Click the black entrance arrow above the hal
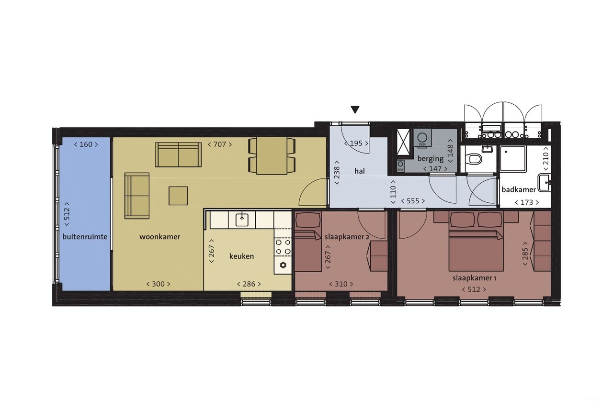pos(355,110)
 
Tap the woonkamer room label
pos(160,237)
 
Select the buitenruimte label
pos(85,237)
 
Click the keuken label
pos(241,256)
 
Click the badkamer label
pos(519,189)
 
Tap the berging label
pos(430,159)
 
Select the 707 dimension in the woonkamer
pos(219,144)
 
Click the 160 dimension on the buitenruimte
pos(86,144)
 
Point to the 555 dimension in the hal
pos(412,201)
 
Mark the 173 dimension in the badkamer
pos(526,202)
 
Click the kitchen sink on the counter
pos(242,220)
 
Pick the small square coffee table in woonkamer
pos(178,195)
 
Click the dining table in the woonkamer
pos(272,156)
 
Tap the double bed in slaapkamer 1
pos(476,249)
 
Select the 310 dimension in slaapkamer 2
pos(341,284)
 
